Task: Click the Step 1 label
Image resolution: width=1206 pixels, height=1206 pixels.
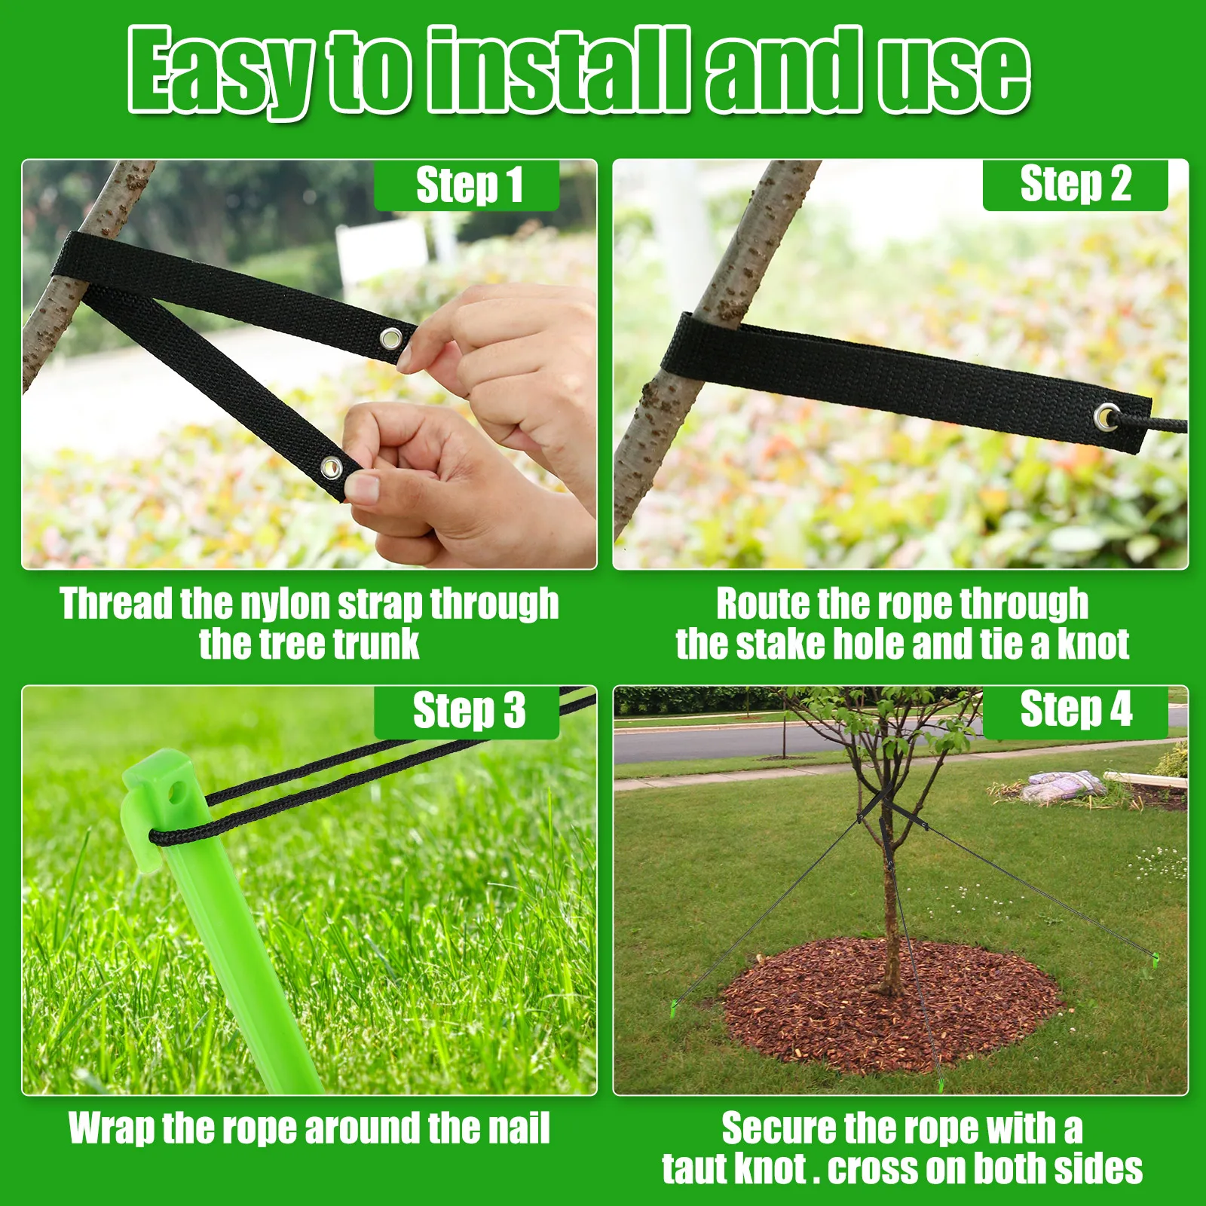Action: click(x=467, y=185)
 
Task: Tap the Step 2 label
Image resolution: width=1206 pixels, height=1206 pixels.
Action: click(x=1075, y=184)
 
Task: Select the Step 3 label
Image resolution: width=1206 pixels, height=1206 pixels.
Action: click(x=467, y=711)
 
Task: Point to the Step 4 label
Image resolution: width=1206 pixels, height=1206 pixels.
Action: click(x=1075, y=709)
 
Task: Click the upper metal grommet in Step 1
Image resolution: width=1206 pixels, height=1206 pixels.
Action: click(x=391, y=338)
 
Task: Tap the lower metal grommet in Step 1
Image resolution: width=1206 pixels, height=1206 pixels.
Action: click(x=332, y=468)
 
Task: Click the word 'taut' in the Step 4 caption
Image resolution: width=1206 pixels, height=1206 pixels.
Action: click(x=695, y=1169)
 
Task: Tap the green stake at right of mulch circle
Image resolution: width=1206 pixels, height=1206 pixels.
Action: click(x=1154, y=960)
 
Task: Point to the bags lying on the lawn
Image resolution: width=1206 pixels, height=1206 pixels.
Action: click(x=1063, y=786)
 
